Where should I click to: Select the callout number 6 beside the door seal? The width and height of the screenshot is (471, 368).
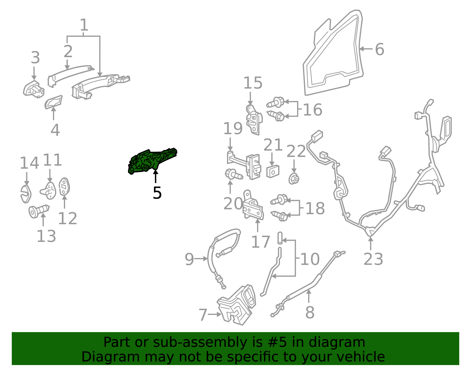point(379,49)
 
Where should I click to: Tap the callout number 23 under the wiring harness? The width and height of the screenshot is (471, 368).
point(373,259)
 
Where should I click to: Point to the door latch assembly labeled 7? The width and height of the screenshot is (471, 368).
point(237,305)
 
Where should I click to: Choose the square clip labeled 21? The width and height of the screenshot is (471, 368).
point(273,171)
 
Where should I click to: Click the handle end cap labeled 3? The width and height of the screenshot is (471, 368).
point(34,89)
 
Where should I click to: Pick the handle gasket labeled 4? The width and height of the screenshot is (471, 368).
point(54,102)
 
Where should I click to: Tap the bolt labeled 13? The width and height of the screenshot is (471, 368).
point(39,211)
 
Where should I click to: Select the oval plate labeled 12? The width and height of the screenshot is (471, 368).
point(64,186)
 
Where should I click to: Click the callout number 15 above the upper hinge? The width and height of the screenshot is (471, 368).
point(253,83)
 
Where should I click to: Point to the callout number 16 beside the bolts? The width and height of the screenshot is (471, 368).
point(313,110)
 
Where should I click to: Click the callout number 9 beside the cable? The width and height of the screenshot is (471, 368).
point(189,259)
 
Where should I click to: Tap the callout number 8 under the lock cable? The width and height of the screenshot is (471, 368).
point(310,313)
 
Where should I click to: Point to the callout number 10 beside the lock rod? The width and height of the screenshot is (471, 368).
point(310,259)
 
